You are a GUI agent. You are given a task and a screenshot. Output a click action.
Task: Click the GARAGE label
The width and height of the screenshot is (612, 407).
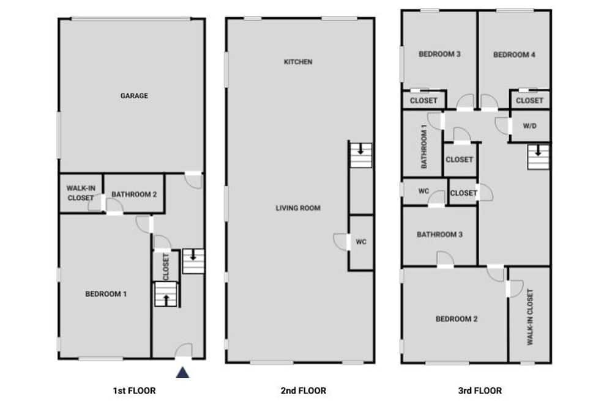point(134,95)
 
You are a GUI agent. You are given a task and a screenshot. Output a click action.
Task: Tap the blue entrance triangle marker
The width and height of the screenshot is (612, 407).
point(182,373)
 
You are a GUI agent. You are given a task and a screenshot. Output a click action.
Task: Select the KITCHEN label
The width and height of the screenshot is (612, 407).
point(298,62)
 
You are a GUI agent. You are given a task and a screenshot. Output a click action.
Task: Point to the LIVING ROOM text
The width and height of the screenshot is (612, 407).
point(298,208)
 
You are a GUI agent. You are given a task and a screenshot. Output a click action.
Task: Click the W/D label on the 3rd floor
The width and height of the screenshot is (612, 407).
point(529,126)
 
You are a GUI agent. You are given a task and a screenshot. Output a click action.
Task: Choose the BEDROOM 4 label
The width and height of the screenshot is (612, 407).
point(514,55)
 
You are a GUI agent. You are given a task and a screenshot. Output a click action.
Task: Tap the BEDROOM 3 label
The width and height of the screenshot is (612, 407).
point(439,54)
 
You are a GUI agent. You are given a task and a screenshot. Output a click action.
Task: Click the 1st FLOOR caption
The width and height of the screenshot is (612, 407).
point(134,391)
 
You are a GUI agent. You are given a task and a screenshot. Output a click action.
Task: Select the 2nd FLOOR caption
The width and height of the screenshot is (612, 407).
point(304,391)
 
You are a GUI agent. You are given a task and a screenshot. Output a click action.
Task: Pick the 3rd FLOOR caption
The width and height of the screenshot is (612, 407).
point(480,391)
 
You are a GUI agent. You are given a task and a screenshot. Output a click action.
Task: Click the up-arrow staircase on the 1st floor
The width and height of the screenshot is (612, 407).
point(166,294)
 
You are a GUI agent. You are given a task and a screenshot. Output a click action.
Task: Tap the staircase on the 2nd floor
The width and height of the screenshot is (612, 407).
point(360,155)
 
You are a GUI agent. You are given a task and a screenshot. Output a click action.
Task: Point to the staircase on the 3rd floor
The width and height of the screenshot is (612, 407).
point(538,156)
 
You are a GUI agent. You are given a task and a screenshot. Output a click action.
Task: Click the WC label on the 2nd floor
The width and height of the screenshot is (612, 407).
point(361,242)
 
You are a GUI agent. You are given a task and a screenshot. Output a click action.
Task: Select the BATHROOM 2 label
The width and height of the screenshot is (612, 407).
point(134,194)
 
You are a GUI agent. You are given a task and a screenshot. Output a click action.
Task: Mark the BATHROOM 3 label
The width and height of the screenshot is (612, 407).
point(439,235)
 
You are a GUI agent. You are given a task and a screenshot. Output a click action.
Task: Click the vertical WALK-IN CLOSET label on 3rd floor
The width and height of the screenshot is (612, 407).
point(529,317)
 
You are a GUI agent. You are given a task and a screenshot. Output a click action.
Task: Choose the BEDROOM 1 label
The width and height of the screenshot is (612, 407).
point(106,294)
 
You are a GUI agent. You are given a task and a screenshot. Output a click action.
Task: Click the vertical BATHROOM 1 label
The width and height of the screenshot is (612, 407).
point(424,146)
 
